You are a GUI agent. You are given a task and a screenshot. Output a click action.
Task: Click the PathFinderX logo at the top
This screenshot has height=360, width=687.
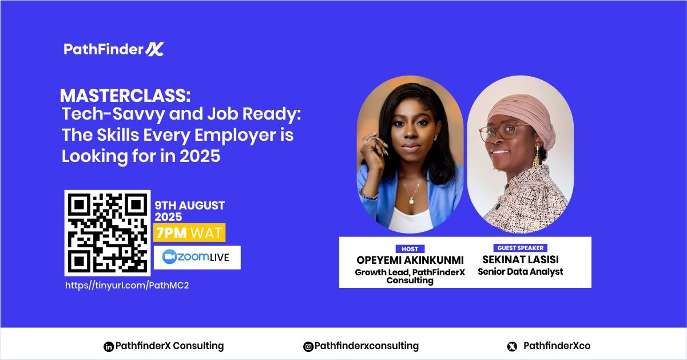(x=114, y=49)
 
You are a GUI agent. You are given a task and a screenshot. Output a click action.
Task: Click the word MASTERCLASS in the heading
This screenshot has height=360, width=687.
(x=105, y=96)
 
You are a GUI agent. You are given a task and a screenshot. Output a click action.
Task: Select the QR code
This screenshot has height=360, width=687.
(x=107, y=233)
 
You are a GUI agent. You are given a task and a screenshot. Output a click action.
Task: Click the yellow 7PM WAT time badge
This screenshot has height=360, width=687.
(x=189, y=233)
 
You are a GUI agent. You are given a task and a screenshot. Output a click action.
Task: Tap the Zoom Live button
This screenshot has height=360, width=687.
(x=197, y=258)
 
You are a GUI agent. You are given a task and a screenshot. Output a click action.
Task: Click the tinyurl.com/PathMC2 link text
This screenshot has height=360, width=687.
(x=127, y=285)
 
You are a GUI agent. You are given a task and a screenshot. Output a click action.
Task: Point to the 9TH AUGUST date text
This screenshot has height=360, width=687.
(x=189, y=205)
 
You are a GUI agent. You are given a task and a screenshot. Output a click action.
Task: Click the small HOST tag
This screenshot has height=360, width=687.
(x=410, y=249)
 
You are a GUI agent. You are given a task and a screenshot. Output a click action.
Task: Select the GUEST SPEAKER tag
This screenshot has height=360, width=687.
(x=519, y=248)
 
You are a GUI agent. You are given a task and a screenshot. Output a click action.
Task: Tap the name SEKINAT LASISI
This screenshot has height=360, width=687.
(x=520, y=260)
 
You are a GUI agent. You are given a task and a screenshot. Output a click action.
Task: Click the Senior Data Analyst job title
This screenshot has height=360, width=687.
(x=520, y=272)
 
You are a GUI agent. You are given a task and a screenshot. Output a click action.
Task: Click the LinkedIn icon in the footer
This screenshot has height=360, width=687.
(x=108, y=346)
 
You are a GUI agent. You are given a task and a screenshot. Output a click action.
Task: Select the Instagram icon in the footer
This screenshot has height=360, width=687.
(x=308, y=346)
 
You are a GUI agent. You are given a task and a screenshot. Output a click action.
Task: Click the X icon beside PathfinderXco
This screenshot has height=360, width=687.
(x=512, y=346)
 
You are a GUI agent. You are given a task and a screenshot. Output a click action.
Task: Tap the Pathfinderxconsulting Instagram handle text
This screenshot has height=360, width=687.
(x=367, y=346)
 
